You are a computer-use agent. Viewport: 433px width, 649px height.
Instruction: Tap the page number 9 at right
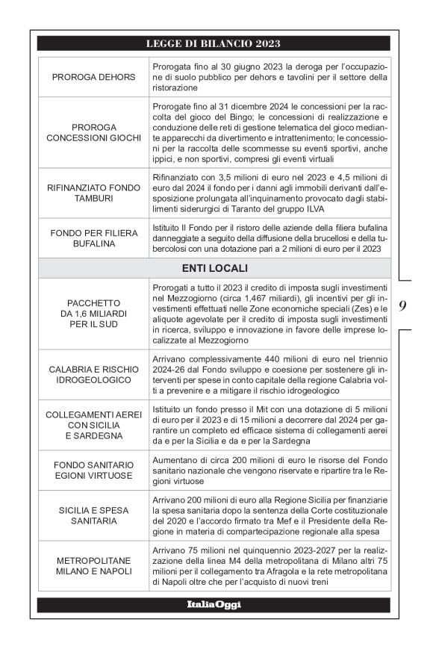pyautogui.click(x=402, y=305)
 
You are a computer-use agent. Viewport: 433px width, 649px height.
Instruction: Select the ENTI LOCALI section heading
pyautogui.click(x=214, y=267)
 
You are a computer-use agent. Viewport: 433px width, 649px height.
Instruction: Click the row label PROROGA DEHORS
pyautogui.click(x=94, y=78)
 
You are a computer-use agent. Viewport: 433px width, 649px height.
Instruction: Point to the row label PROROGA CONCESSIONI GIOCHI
pyautogui.click(x=94, y=132)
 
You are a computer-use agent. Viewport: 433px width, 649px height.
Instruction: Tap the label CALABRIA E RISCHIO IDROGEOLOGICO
pyautogui.click(x=94, y=376)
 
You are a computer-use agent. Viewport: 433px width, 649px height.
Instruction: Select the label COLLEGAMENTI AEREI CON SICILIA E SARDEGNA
pyautogui.click(x=94, y=426)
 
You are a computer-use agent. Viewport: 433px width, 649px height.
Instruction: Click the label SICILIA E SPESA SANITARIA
pyautogui.click(x=94, y=515)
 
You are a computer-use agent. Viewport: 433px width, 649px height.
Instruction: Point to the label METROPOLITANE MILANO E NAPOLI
pyautogui.click(x=94, y=565)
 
